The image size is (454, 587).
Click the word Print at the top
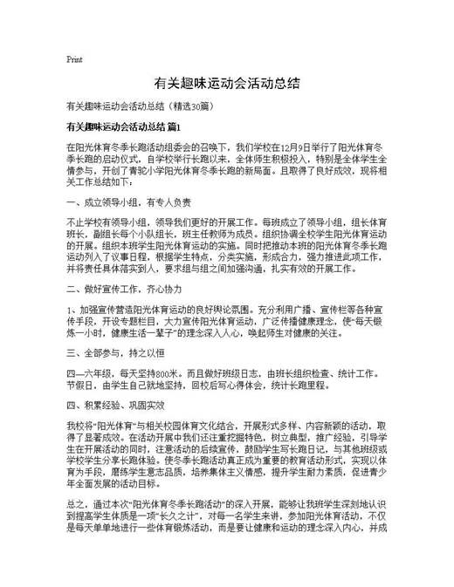(74, 60)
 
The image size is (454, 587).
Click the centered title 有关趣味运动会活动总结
(227, 85)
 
